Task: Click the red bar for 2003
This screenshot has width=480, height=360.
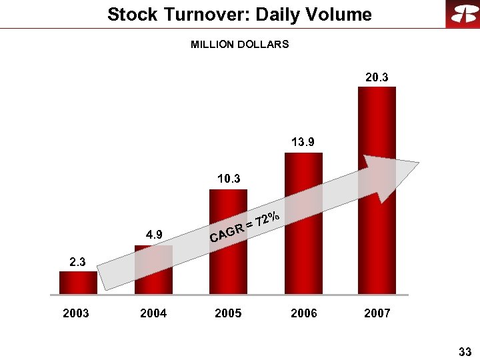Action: click(x=78, y=283)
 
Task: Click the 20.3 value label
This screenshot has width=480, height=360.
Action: click(x=377, y=78)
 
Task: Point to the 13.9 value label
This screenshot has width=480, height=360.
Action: click(x=303, y=142)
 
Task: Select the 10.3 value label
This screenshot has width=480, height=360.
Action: click(x=229, y=179)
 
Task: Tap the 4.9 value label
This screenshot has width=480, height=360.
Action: click(x=155, y=234)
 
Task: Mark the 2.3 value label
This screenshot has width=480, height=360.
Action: click(x=78, y=263)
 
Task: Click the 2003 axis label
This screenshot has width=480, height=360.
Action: click(x=76, y=313)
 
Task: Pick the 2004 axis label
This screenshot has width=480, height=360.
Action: click(x=153, y=313)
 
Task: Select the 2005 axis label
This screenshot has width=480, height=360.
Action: click(x=228, y=313)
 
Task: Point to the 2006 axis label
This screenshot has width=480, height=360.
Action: click(x=304, y=313)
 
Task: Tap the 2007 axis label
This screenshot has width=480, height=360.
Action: click(x=377, y=313)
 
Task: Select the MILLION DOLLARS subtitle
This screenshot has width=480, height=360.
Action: click(x=240, y=45)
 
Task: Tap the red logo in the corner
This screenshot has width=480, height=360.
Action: click(x=462, y=15)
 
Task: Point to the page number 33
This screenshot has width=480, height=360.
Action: click(x=465, y=351)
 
